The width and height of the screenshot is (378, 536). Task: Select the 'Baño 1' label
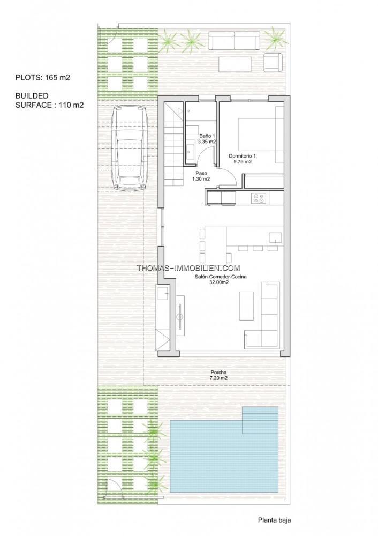pos(207,136)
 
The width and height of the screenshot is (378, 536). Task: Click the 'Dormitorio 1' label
pos(242,156)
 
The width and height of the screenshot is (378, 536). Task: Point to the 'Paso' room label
pos(201,173)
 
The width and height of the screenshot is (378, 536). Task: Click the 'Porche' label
pos(218,373)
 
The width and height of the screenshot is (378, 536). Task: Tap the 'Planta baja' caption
pos(274,520)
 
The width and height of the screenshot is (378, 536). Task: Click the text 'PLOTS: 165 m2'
pos(43,77)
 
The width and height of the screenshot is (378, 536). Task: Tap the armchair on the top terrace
pos(273,63)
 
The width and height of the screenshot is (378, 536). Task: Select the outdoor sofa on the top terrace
pos(235,41)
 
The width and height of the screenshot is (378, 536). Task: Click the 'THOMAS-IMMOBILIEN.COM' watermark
pos(188,269)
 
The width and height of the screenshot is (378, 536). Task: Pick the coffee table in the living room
pos(246,306)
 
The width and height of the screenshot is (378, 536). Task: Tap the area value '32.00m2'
pos(219,282)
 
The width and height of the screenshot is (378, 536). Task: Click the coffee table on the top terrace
pos(235,64)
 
